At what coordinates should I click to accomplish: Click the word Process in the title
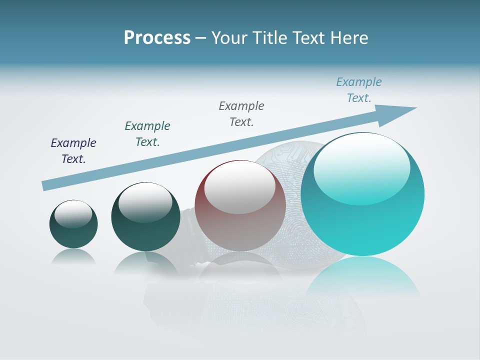coord(157,38)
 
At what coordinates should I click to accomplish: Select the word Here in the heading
coord(348,38)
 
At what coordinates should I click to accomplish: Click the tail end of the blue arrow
coord(45,185)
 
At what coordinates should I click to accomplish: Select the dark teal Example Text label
coord(147,134)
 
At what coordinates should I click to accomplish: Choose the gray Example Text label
coord(241,114)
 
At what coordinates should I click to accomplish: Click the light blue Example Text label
coord(359,90)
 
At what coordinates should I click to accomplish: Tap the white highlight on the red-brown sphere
coord(240,187)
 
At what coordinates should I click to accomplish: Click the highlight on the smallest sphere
coord(73,214)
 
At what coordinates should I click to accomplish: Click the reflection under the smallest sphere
coord(73,256)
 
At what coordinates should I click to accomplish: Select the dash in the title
coord(201,38)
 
